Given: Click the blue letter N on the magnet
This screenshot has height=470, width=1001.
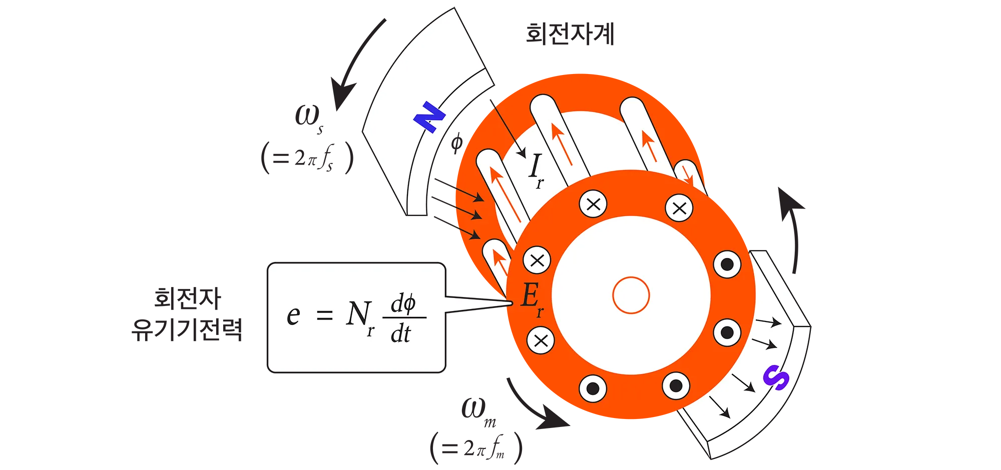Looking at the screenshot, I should pos(429,117).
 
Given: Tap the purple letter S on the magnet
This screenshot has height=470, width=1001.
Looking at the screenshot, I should pos(776,377).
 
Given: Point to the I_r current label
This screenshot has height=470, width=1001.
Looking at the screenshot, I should pos(536,169).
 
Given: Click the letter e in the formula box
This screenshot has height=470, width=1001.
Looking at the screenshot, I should pos(293,315).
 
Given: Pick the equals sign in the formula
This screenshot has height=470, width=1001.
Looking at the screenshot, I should pos(324,315).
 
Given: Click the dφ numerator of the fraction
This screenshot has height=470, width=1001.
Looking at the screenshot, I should pos(403,303).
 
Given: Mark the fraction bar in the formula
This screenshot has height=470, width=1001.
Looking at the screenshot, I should pos(404,317).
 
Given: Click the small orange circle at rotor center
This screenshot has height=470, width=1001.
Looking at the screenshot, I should pos(631,295).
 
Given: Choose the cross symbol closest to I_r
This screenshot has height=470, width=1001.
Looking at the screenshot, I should pos(593,204).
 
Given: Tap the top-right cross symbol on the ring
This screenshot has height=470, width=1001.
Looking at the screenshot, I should pos(679,208).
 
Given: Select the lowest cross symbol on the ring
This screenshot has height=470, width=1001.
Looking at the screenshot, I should pos(541,340).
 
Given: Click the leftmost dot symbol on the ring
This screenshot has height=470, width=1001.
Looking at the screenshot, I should pos(593,388).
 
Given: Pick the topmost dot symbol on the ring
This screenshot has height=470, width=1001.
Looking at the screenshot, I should pos(727,263).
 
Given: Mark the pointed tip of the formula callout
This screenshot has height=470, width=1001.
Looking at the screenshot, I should pos(512,302).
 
